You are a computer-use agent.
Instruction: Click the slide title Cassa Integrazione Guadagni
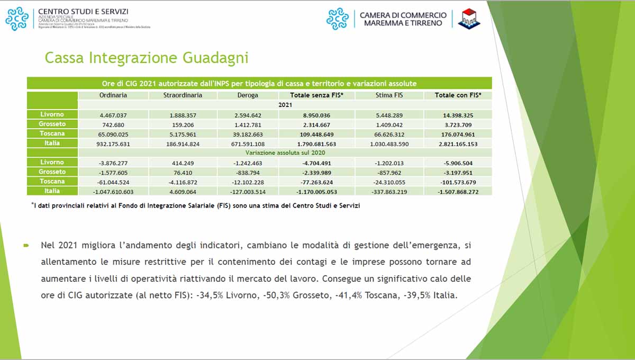point(147,58)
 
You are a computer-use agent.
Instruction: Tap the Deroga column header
point(248,95)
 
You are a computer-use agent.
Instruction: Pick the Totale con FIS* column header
point(458,95)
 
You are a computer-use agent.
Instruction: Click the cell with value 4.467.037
point(113,115)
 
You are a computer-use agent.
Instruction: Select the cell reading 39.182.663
point(248,134)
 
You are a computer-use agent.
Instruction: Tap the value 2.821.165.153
point(458,143)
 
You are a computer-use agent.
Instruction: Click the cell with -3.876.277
point(113,163)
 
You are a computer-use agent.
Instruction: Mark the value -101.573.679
point(458,182)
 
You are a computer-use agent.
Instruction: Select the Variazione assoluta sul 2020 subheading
point(285,153)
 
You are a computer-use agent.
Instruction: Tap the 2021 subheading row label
point(285,105)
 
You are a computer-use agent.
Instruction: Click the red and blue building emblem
point(469,19)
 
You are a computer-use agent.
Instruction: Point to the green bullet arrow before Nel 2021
point(25,246)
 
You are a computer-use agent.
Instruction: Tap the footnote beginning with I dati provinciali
point(196,205)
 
